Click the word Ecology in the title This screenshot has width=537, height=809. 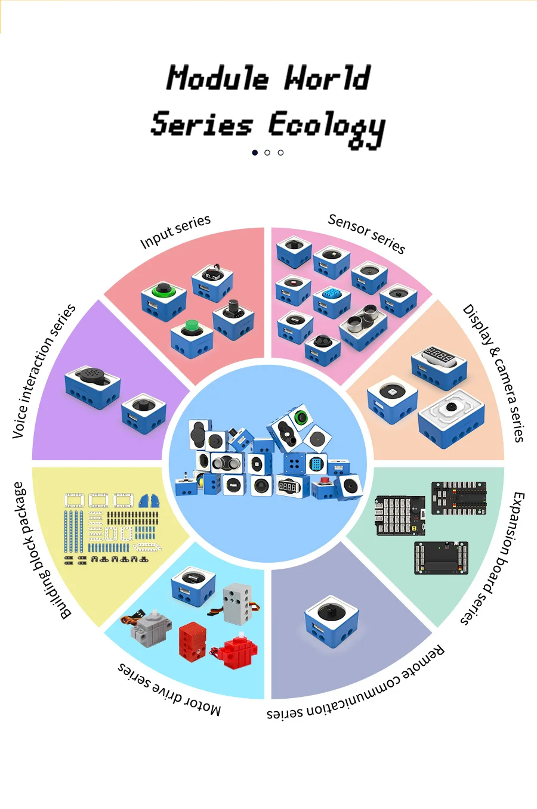coord(326,126)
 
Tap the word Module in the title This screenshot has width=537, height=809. coord(217,79)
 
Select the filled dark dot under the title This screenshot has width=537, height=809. coord(255,153)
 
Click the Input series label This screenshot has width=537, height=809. coord(175,231)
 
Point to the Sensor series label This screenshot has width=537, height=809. coord(366,233)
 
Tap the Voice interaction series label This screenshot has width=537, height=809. coord(44,371)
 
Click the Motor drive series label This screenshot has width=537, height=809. coord(169,689)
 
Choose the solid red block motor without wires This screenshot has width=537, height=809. coord(193,640)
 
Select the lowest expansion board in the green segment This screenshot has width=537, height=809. coord(440,558)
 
